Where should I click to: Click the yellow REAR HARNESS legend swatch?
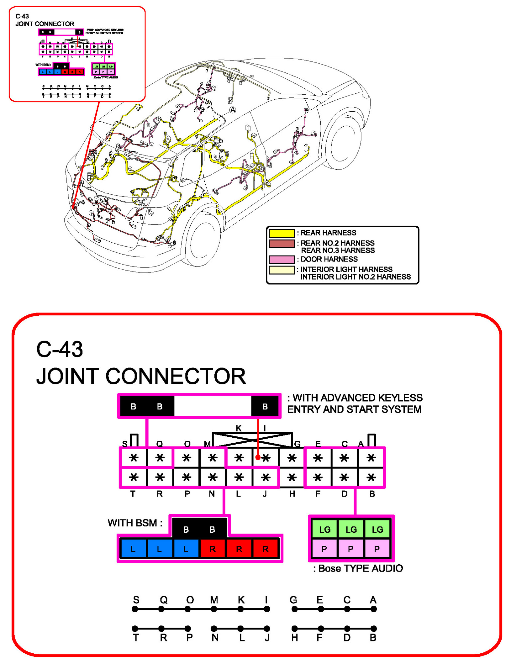coord(281,233)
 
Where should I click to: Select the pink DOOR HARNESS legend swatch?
coord(281,259)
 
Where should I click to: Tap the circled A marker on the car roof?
coord(233,110)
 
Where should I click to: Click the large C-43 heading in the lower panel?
coord(59,349)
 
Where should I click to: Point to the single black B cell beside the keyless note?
coord(265,406)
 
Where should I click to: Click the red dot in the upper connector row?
coord(258,458)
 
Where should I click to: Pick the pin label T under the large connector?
coord(133,494)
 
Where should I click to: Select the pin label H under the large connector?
coord(292,494)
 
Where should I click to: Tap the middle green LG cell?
coord(351,529)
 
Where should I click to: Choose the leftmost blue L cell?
coord(133,549)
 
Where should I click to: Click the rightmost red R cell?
coord(265,549)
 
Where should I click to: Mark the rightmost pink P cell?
coord(377,549)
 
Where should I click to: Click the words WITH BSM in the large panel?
coord(135,523)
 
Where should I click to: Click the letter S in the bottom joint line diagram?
coord(136,600)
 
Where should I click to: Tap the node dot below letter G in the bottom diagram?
coord(294,609)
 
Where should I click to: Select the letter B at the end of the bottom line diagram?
coord(373,637)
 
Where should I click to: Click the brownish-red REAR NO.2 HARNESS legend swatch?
coord(281,244)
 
